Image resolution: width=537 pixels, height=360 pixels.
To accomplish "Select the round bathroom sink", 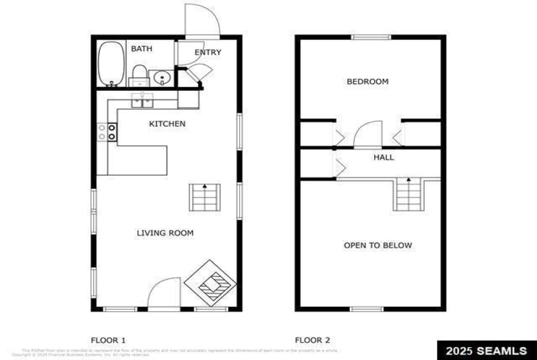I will (x=162, y=78).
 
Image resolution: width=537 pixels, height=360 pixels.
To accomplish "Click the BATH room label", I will (x=141, y=49).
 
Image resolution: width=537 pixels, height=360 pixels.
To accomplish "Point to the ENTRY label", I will (x=208, y=52).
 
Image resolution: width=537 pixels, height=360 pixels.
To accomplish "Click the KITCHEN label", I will (x=167, y=124).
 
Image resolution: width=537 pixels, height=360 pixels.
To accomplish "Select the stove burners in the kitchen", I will (x=107, y=132).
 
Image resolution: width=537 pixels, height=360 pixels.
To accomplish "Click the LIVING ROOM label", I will (x=165, y=233).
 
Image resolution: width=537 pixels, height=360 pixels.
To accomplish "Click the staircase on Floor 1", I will (x=205, y=198).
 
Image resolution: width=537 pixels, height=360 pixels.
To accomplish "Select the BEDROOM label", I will (x=368, y=81).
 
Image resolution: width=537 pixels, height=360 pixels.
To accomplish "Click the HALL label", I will (x=384, y=157).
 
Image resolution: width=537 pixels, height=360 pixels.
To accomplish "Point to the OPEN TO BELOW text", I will (x=378, y=245).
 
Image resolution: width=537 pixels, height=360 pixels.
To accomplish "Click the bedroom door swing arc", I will (x=367, y=135).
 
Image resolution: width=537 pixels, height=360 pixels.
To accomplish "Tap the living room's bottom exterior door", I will (x=164, y=294).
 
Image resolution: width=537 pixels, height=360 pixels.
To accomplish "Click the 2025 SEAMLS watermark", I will (x=486, y=351).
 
